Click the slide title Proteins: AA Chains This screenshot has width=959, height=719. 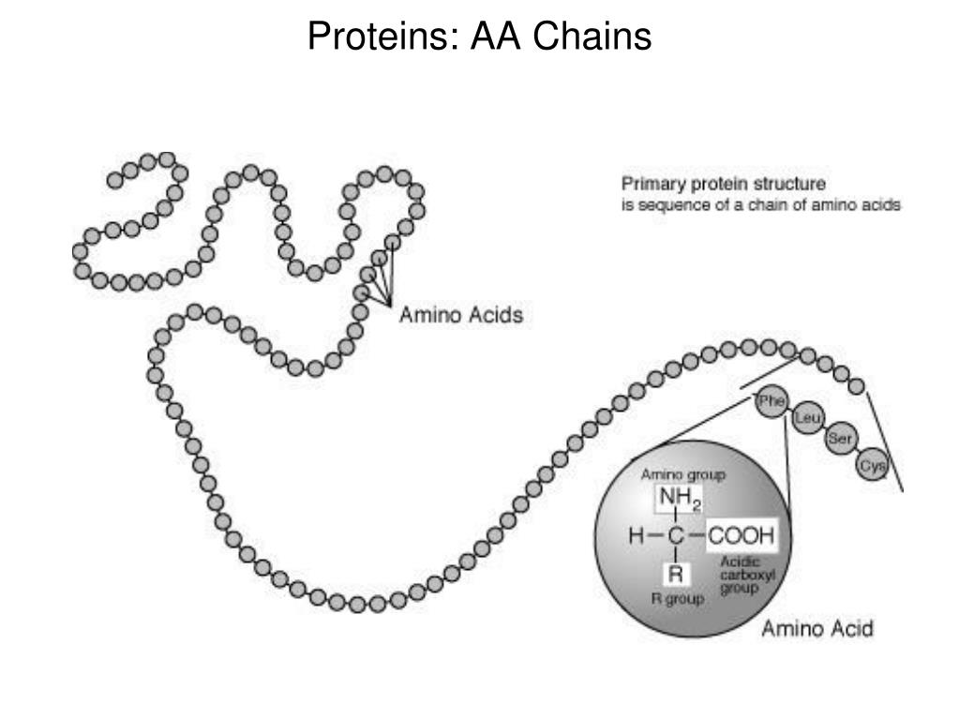(x=479, y=37)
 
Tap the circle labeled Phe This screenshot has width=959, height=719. (x=771, y=402)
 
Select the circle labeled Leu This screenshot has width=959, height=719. (x=806, y=419)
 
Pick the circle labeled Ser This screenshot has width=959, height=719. (x=838, y=440)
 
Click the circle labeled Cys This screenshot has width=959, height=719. (x=871, y=466)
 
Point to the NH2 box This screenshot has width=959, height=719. (x=679, y=500)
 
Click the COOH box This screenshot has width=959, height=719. (x=741, y=536)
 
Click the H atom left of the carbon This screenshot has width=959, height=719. (x=637, y=536)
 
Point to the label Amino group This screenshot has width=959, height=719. (x=682, y=475)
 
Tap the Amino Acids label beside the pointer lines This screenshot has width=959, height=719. (x=461, y=315)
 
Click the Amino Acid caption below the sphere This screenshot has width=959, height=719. (x=817, y=628)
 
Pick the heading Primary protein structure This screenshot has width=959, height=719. (x=724, y=184)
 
